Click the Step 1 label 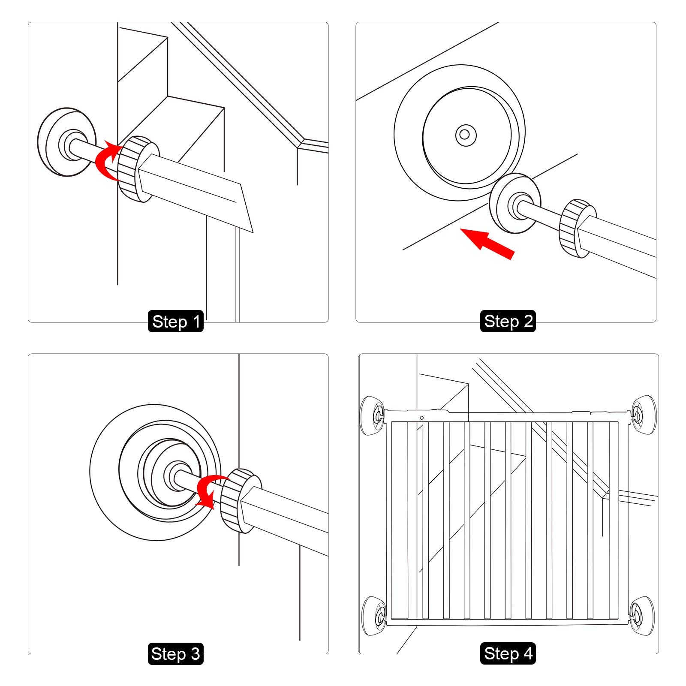[x=176, y=322]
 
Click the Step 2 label [x=508, y=321]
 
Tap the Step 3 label [x=176, y=654]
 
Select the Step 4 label [x=508, y=653]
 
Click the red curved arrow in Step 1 [x=105, y=162]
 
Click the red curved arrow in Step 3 [x=208, y=491]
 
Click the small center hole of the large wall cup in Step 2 [x=465, y=135]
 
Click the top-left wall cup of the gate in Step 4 [x=372, y=415]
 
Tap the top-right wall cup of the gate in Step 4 [x=643, y=415]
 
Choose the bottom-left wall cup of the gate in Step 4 [x=374, y=616]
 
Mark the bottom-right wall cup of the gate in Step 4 [x=642, y=616]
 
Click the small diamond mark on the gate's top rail [x=421, y=418]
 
